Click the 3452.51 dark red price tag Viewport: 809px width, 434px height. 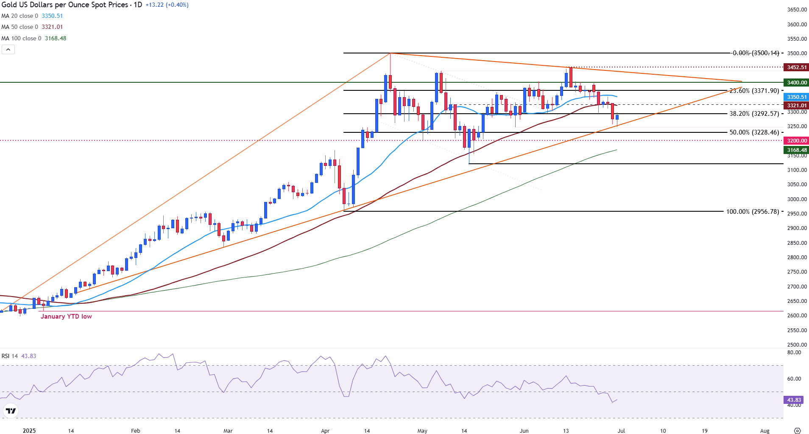coord(797,67)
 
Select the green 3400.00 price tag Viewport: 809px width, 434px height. coord(797,83)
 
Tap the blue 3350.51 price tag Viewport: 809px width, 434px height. coord(797,97)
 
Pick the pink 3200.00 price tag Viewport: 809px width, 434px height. coord(797,141)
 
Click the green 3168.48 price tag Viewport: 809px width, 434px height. coord(797,150)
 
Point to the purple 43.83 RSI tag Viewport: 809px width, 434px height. coord(794,400)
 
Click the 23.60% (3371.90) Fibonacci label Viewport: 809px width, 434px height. coord(754,91)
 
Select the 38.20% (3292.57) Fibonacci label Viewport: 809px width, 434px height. coord(754,114)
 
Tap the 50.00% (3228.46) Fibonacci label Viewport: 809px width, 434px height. coord(754,132)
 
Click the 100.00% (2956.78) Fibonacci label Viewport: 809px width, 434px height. coord(753,212)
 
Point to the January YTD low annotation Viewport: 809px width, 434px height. coord(66,316)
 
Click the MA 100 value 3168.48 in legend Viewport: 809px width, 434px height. coord(56,38)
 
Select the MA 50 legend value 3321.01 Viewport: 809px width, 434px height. coord(52,27)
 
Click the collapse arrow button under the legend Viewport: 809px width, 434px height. coord(8,50)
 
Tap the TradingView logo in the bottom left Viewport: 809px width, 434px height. coord(11,411)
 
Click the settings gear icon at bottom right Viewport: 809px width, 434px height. coord(797,431)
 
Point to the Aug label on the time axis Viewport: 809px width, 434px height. coord(764,431)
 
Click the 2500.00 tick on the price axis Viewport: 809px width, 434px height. coord(797,345)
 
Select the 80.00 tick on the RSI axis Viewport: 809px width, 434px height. coord(794,353)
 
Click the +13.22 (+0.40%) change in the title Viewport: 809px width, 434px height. coord(167,5)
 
